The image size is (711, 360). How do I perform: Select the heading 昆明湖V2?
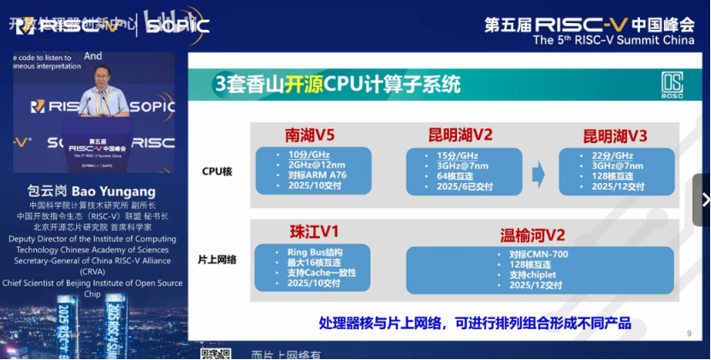pyautogui.click(x=460, y=135)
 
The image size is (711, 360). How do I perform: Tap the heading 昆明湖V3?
pyautogui.click(x=615, y=136)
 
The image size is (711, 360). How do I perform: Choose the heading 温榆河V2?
pyautogui.click(x=533, y=234)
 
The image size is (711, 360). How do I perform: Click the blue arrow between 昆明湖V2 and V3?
pyautogui.click(x=538, y=176)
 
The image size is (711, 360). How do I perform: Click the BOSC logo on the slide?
pyautogui.click(x=672, y=86)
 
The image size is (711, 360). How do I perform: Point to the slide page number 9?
pyautogui.click(x=689, y=333)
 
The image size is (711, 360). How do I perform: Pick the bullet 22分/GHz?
pyautogui.click(x=611, y=155)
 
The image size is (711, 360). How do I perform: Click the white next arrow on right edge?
pyautogui.click(x=704, y=200)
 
